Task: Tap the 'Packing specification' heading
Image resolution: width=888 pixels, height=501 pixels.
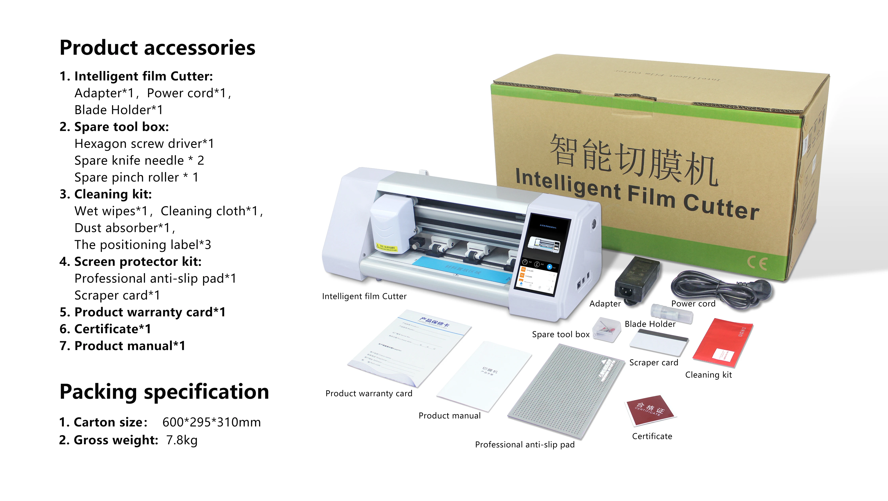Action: point(164,392)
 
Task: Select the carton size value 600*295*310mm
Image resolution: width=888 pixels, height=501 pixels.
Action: point(211,422)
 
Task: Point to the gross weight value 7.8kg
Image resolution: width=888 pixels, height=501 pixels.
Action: point(182,440)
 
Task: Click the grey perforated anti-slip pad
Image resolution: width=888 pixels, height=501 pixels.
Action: point(565,391)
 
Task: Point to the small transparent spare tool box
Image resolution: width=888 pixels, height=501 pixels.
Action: point(607,329)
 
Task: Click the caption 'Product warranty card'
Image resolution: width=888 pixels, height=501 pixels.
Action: point(369,393)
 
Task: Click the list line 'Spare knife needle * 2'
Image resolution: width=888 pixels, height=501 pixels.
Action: point(139,160)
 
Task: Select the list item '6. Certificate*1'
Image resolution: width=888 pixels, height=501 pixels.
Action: point(105,329)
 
